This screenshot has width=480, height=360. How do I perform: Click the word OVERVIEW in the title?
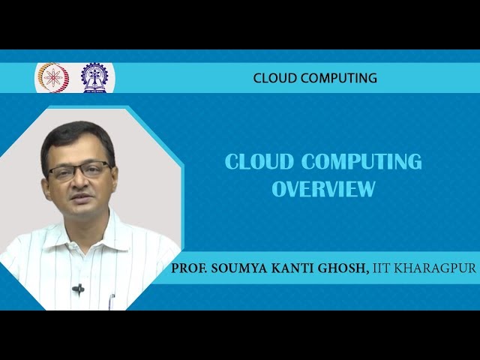323,189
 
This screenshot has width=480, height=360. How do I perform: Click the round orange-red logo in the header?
52,77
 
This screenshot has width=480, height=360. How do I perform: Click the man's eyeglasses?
79,171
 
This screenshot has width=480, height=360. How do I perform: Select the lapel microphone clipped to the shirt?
78,288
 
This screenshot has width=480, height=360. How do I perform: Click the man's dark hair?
75,135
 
